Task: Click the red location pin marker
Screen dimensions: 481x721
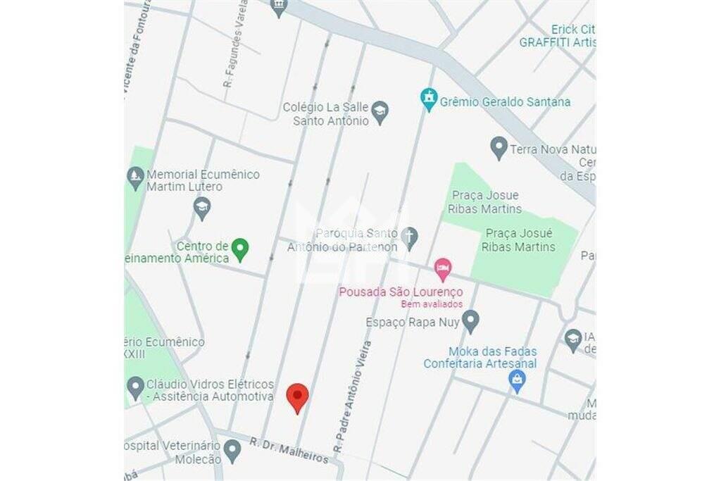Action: (x=298, y=397)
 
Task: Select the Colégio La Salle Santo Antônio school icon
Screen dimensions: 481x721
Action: (x=380, y=113)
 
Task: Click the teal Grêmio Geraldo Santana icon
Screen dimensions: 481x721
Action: (x=429, y=100)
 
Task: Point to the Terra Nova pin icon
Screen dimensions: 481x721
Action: (x=499, y=148)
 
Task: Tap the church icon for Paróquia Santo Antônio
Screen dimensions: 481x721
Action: (x=409, y=238)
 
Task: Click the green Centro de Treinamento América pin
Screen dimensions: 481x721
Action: (x=241, y=249)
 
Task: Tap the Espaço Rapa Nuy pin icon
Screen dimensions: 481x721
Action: (x=470, y=321)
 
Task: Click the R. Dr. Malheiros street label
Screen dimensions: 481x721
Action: (x=289, y=450)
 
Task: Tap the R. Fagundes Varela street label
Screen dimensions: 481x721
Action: (x=235, y=44)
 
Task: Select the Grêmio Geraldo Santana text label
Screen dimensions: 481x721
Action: (x=505, y=102)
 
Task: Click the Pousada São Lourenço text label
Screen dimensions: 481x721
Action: (x=401, y=292)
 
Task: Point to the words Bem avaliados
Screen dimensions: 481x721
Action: (x=432, y=304)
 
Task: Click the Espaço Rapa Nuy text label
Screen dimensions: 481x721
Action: (x=412, y=323)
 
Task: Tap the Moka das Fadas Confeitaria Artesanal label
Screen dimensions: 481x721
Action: (x=479, y=358)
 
